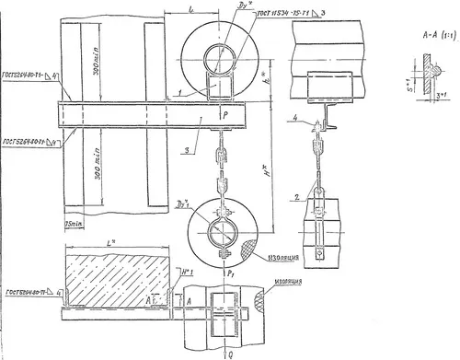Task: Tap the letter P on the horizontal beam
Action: click(224, 108)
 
